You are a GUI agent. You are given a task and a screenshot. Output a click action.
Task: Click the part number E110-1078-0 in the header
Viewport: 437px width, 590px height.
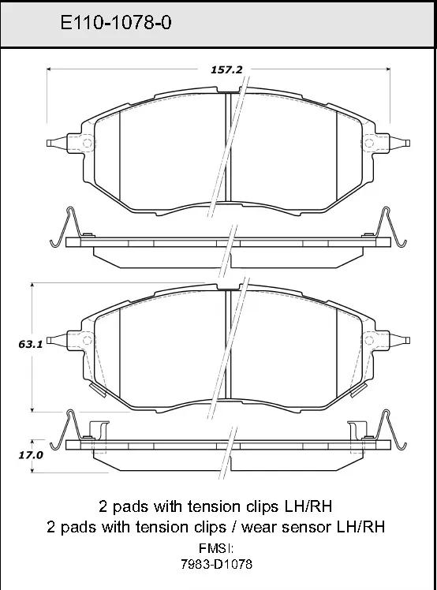(x=116, y=23)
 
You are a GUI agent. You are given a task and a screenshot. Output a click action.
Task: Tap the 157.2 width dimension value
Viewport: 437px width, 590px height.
(x=226, y=69)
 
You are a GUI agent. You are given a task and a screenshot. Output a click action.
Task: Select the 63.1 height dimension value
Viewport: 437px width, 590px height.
(x=31, y=344)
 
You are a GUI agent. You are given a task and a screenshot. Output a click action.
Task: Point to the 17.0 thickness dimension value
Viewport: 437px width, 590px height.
(x=31, y=455)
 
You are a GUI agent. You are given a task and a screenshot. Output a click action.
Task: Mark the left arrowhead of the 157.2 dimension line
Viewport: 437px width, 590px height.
(x=49, y=69)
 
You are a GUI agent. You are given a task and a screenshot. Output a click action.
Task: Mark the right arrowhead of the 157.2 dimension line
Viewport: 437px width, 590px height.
(x=388, y=69)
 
